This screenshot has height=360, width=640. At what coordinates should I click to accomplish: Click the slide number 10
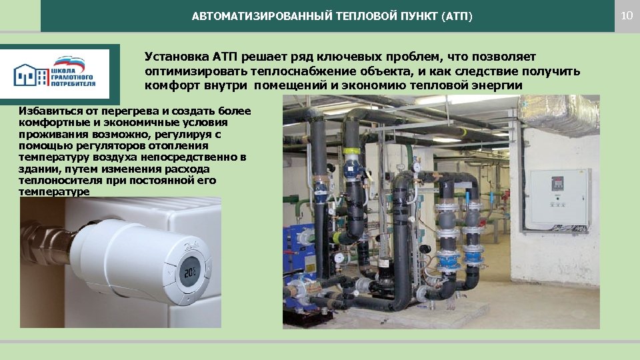point(626,15)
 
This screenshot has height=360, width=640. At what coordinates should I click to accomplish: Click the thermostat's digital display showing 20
point(188,273)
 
